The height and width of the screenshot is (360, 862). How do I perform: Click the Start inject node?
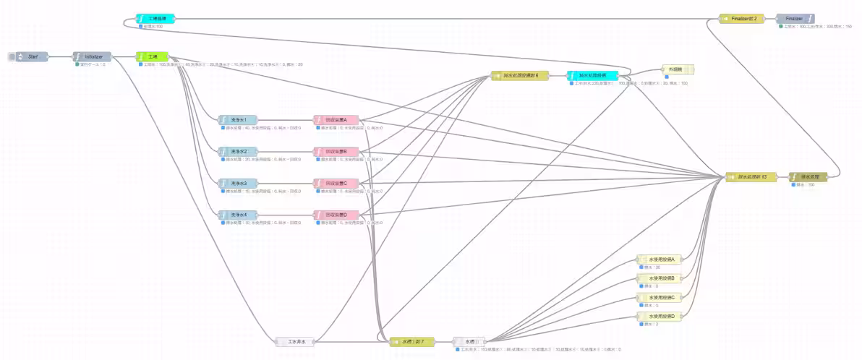click(x=32, y=56)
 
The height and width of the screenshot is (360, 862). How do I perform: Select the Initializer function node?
click(x=93, y=56)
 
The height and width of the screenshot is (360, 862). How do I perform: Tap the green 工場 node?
click(x=153, y=56)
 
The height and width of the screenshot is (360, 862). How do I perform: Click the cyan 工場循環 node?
click(x=155, y=18)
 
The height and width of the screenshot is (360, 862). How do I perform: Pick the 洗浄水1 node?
click(x=238, y=120)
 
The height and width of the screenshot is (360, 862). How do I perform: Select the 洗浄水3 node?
click(x=238, y=184)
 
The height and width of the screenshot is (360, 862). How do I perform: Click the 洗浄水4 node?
click(x=238, y=215)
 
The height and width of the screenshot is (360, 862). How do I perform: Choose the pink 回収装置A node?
click(x=336, y=120)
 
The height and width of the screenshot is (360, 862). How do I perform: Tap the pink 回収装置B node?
click(x=336, y=152)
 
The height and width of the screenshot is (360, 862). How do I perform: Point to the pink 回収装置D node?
click(x=336, y=215)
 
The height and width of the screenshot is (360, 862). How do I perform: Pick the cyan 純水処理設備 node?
click(x=592, y=75)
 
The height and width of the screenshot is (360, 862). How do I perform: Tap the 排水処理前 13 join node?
click(x=751, y=176)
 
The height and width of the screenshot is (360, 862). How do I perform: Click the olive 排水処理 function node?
click(x=808, y=176)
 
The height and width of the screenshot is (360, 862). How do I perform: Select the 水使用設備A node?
click(x=660, y=260)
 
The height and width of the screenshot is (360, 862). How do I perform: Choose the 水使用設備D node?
click(x=660, y=317)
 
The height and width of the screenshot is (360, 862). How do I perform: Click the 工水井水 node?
click(x=296, y=341)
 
